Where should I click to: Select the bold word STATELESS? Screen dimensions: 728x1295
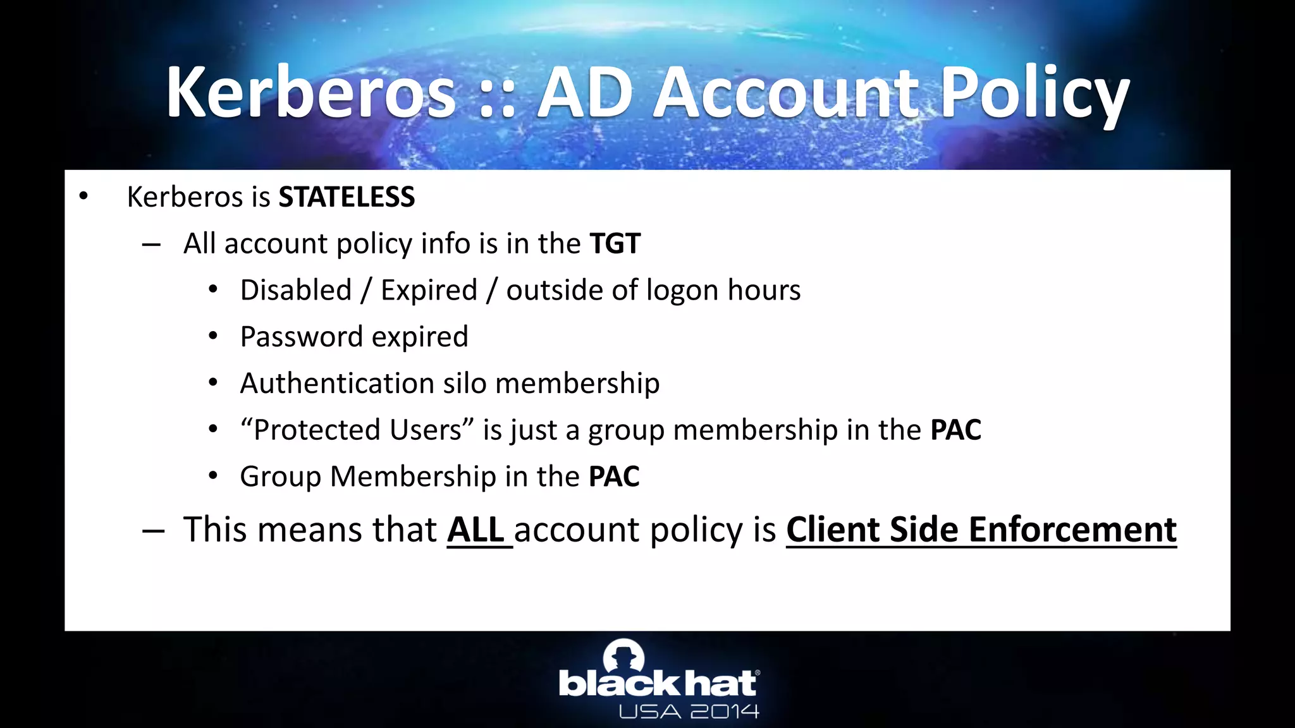[347, 197]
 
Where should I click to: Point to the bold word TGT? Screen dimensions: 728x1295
[615, 244]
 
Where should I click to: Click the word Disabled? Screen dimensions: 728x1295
[296, 291]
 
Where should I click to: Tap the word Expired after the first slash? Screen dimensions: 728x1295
[429, 291]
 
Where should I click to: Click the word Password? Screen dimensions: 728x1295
[301, 337]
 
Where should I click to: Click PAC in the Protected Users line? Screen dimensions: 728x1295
[955, 430]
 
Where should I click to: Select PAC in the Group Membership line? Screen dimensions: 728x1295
[614, 476]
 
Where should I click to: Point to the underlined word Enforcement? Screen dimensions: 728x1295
[1072, 530]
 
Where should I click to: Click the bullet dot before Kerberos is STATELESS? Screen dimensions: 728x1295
[83, 197]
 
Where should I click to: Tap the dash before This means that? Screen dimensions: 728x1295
[152, 531]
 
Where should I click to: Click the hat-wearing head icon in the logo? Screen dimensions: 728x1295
[623, 655]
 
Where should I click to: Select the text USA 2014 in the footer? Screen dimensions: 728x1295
[689, 712]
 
